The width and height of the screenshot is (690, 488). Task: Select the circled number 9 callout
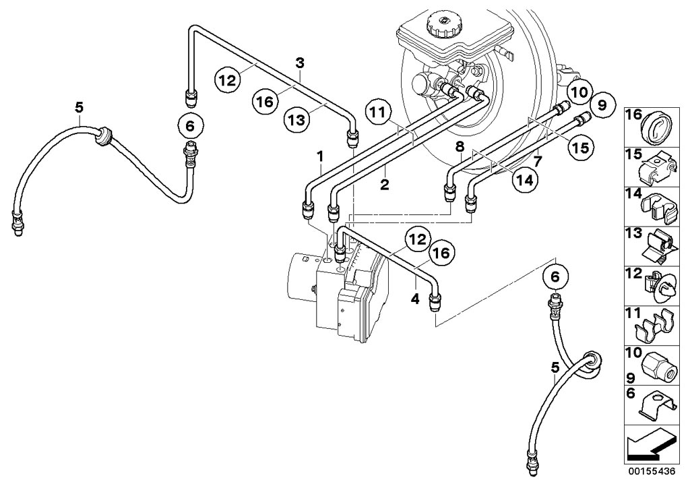(602, 104)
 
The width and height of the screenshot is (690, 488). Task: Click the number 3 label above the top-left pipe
(300, 63)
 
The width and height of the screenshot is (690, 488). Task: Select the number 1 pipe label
(321, 156)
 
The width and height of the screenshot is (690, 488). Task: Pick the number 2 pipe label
(383, 184)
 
